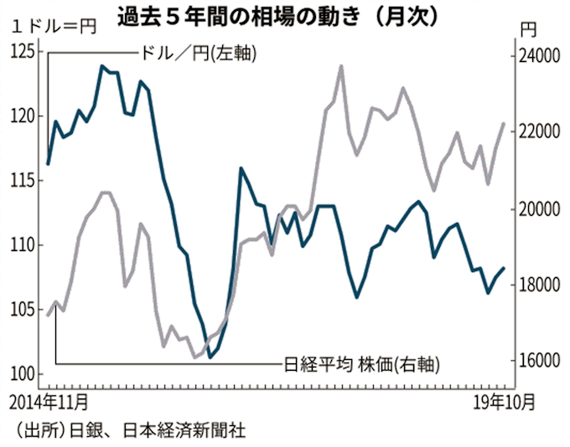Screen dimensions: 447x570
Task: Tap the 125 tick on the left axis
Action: pos(24,51)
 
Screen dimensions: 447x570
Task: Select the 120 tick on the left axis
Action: pos(24,116)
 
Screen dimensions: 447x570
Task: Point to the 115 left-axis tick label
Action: pos(24,180)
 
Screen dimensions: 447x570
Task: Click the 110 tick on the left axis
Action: pos(24,245)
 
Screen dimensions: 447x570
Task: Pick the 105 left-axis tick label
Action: pos(24,310)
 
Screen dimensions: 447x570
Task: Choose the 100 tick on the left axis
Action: pos(24,373)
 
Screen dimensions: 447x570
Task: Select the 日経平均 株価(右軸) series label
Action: pos(360,364)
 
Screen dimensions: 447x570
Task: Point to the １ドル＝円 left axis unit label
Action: pos(50,24)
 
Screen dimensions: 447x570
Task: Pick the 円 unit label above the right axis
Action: pos(527,30)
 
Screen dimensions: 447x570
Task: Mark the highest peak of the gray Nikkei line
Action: pos(341,65)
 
